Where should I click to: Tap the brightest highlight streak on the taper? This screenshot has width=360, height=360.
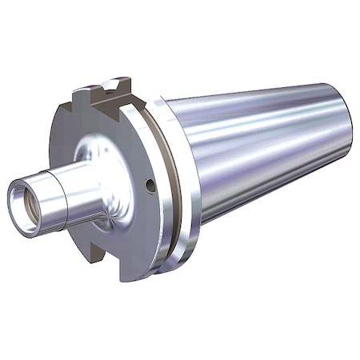tap(264, 120)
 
